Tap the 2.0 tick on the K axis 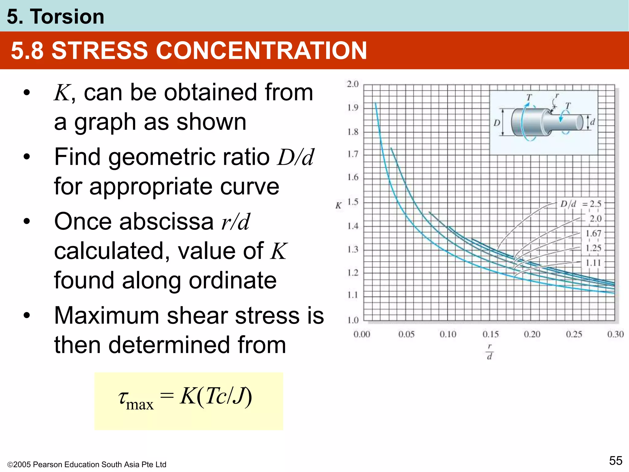click(x=353, y=84)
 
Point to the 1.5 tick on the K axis click(x=353, y=202)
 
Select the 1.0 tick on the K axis click(x=353, y=320)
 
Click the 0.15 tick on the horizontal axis click(x=490, y=334)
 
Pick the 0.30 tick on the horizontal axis click(x=615, y=334)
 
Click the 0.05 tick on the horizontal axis click(x=406, y=334)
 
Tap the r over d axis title click(x=490, y=351)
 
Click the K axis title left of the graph click(x=338, y=206)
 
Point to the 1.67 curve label click(x=593, y=234)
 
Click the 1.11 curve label click(x=593, y=263)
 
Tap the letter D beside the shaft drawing click(x=497, y=123)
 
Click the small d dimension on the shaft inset click(x=592, y=122)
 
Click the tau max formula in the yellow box click(x=185, y=398)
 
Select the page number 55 click(x=615, y=461)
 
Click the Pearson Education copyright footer click(x=87, y=464)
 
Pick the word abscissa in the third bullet click(x=166, y=222)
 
